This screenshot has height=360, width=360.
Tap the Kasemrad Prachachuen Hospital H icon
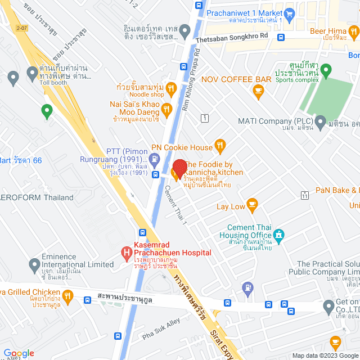coord(125,249)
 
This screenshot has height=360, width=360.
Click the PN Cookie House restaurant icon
coord(220,147)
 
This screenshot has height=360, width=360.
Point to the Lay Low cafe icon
coord(252,206)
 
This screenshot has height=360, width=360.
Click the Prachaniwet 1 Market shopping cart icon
coord(290,12)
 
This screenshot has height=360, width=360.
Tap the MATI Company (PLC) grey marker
coord(320,121)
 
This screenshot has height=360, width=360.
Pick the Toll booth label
coord(53,82)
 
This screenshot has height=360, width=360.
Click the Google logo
coord(18,353)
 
